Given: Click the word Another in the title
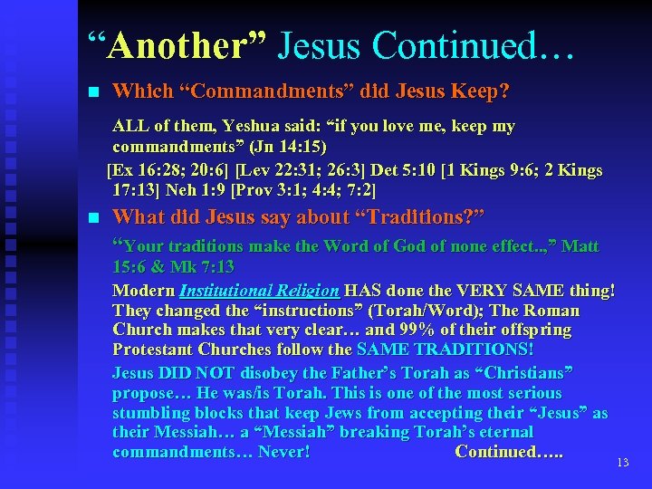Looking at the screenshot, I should (172, 45).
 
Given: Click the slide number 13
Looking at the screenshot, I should (622, 463).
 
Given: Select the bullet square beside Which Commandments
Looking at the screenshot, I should (91, 92).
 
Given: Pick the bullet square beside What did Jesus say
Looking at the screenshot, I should (91, 217).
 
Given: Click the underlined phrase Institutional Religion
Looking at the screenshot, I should (259, 291).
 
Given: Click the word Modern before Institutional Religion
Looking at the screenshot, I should (143, 291).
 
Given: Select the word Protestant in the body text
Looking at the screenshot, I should (154, 350).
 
